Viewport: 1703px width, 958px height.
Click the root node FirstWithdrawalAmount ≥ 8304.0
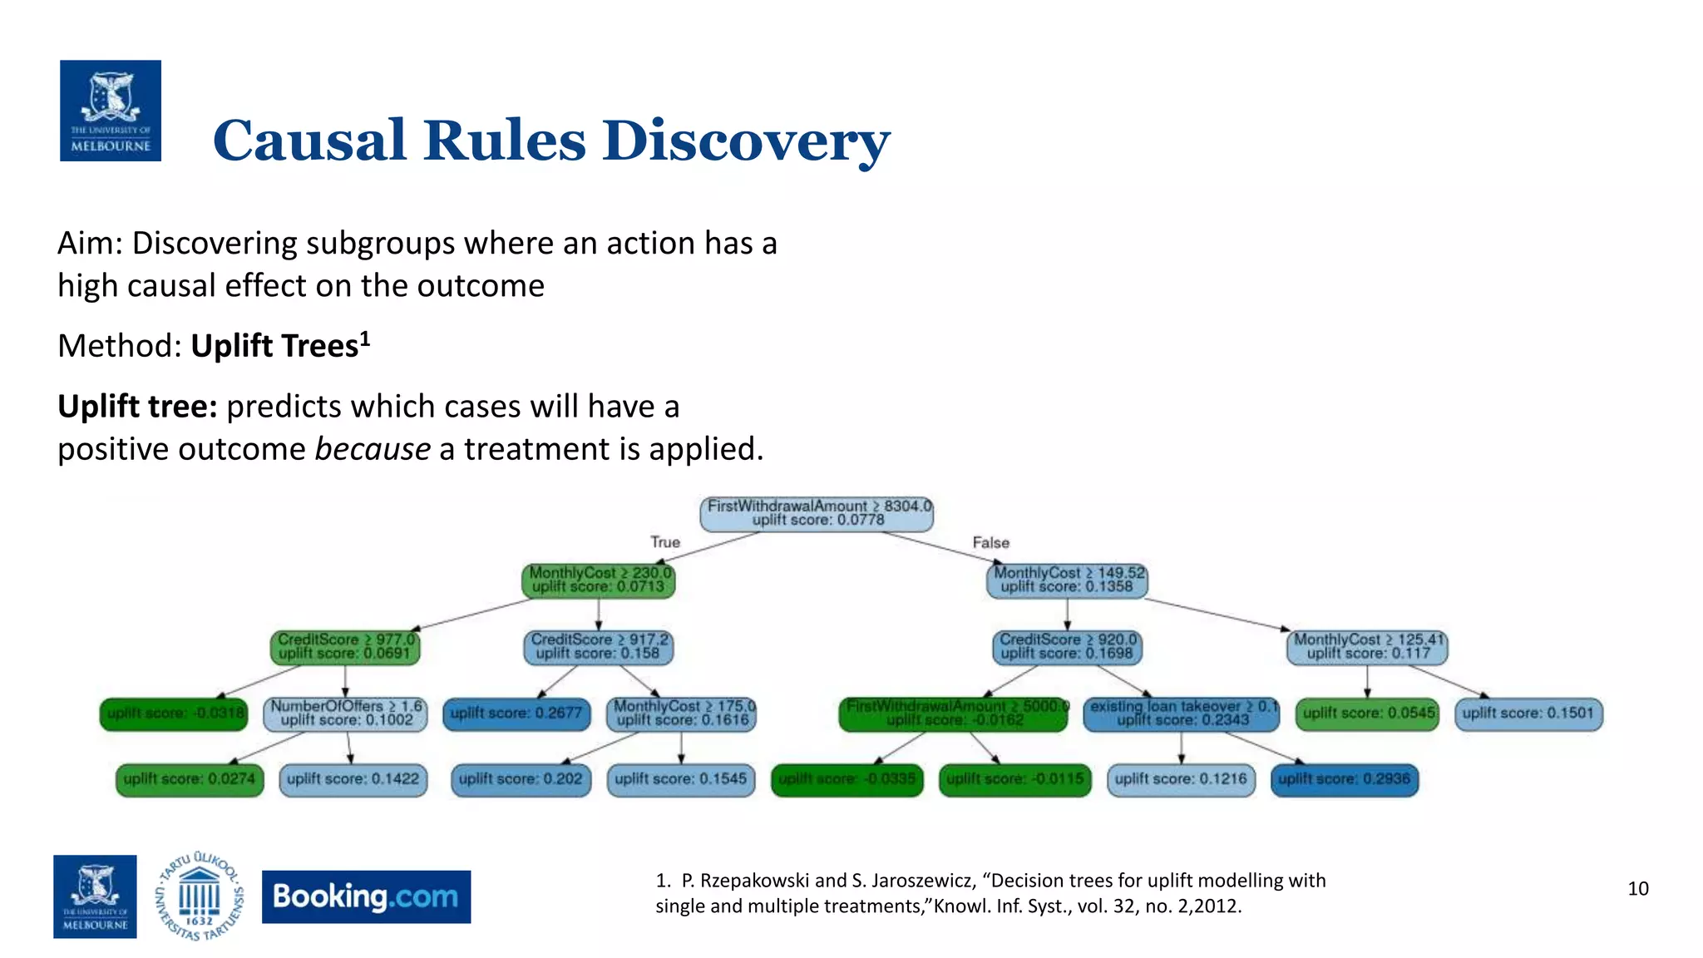817,513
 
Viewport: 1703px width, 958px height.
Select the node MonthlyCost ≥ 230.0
599,580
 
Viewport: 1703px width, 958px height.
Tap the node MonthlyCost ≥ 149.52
1067,580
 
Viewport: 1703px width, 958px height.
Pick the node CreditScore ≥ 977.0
345,646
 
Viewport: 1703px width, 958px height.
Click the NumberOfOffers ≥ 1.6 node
346,713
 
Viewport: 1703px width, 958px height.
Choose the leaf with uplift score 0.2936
1344,779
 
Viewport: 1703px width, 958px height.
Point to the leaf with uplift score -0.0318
175,714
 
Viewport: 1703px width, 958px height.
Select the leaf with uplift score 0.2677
516,714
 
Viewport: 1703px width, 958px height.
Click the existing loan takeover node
1182,713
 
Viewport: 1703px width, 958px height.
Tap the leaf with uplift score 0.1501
1528,714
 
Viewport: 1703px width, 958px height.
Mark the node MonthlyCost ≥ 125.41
1367,646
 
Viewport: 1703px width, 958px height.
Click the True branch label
665,542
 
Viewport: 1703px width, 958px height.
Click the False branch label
990,542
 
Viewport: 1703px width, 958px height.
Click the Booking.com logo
366,896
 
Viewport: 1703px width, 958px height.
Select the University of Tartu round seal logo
200,896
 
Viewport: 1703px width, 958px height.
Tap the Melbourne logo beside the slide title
111,111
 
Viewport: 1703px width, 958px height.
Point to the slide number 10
1637,888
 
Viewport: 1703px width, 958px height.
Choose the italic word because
372,449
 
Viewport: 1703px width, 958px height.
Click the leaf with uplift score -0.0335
847,779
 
